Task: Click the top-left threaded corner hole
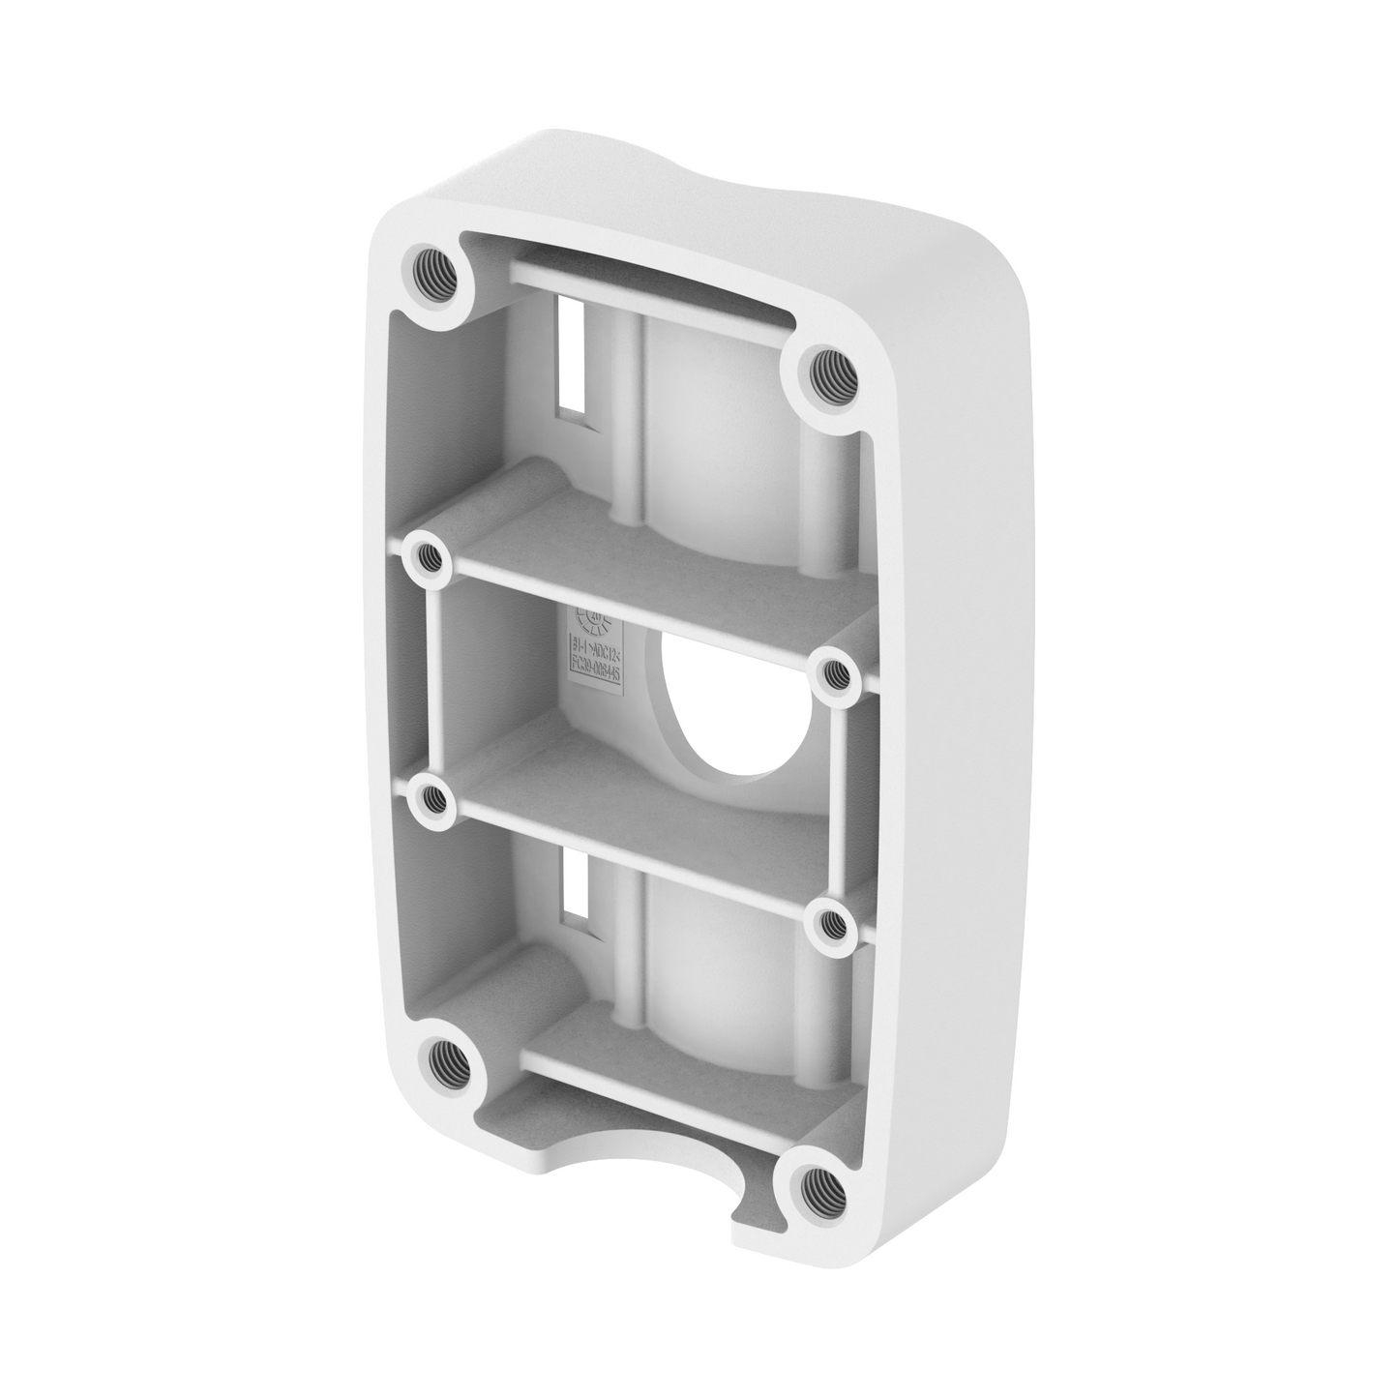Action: pyautogui.click(x=434, y=274)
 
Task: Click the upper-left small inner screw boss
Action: pyautogui.click(x=425, y=556)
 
